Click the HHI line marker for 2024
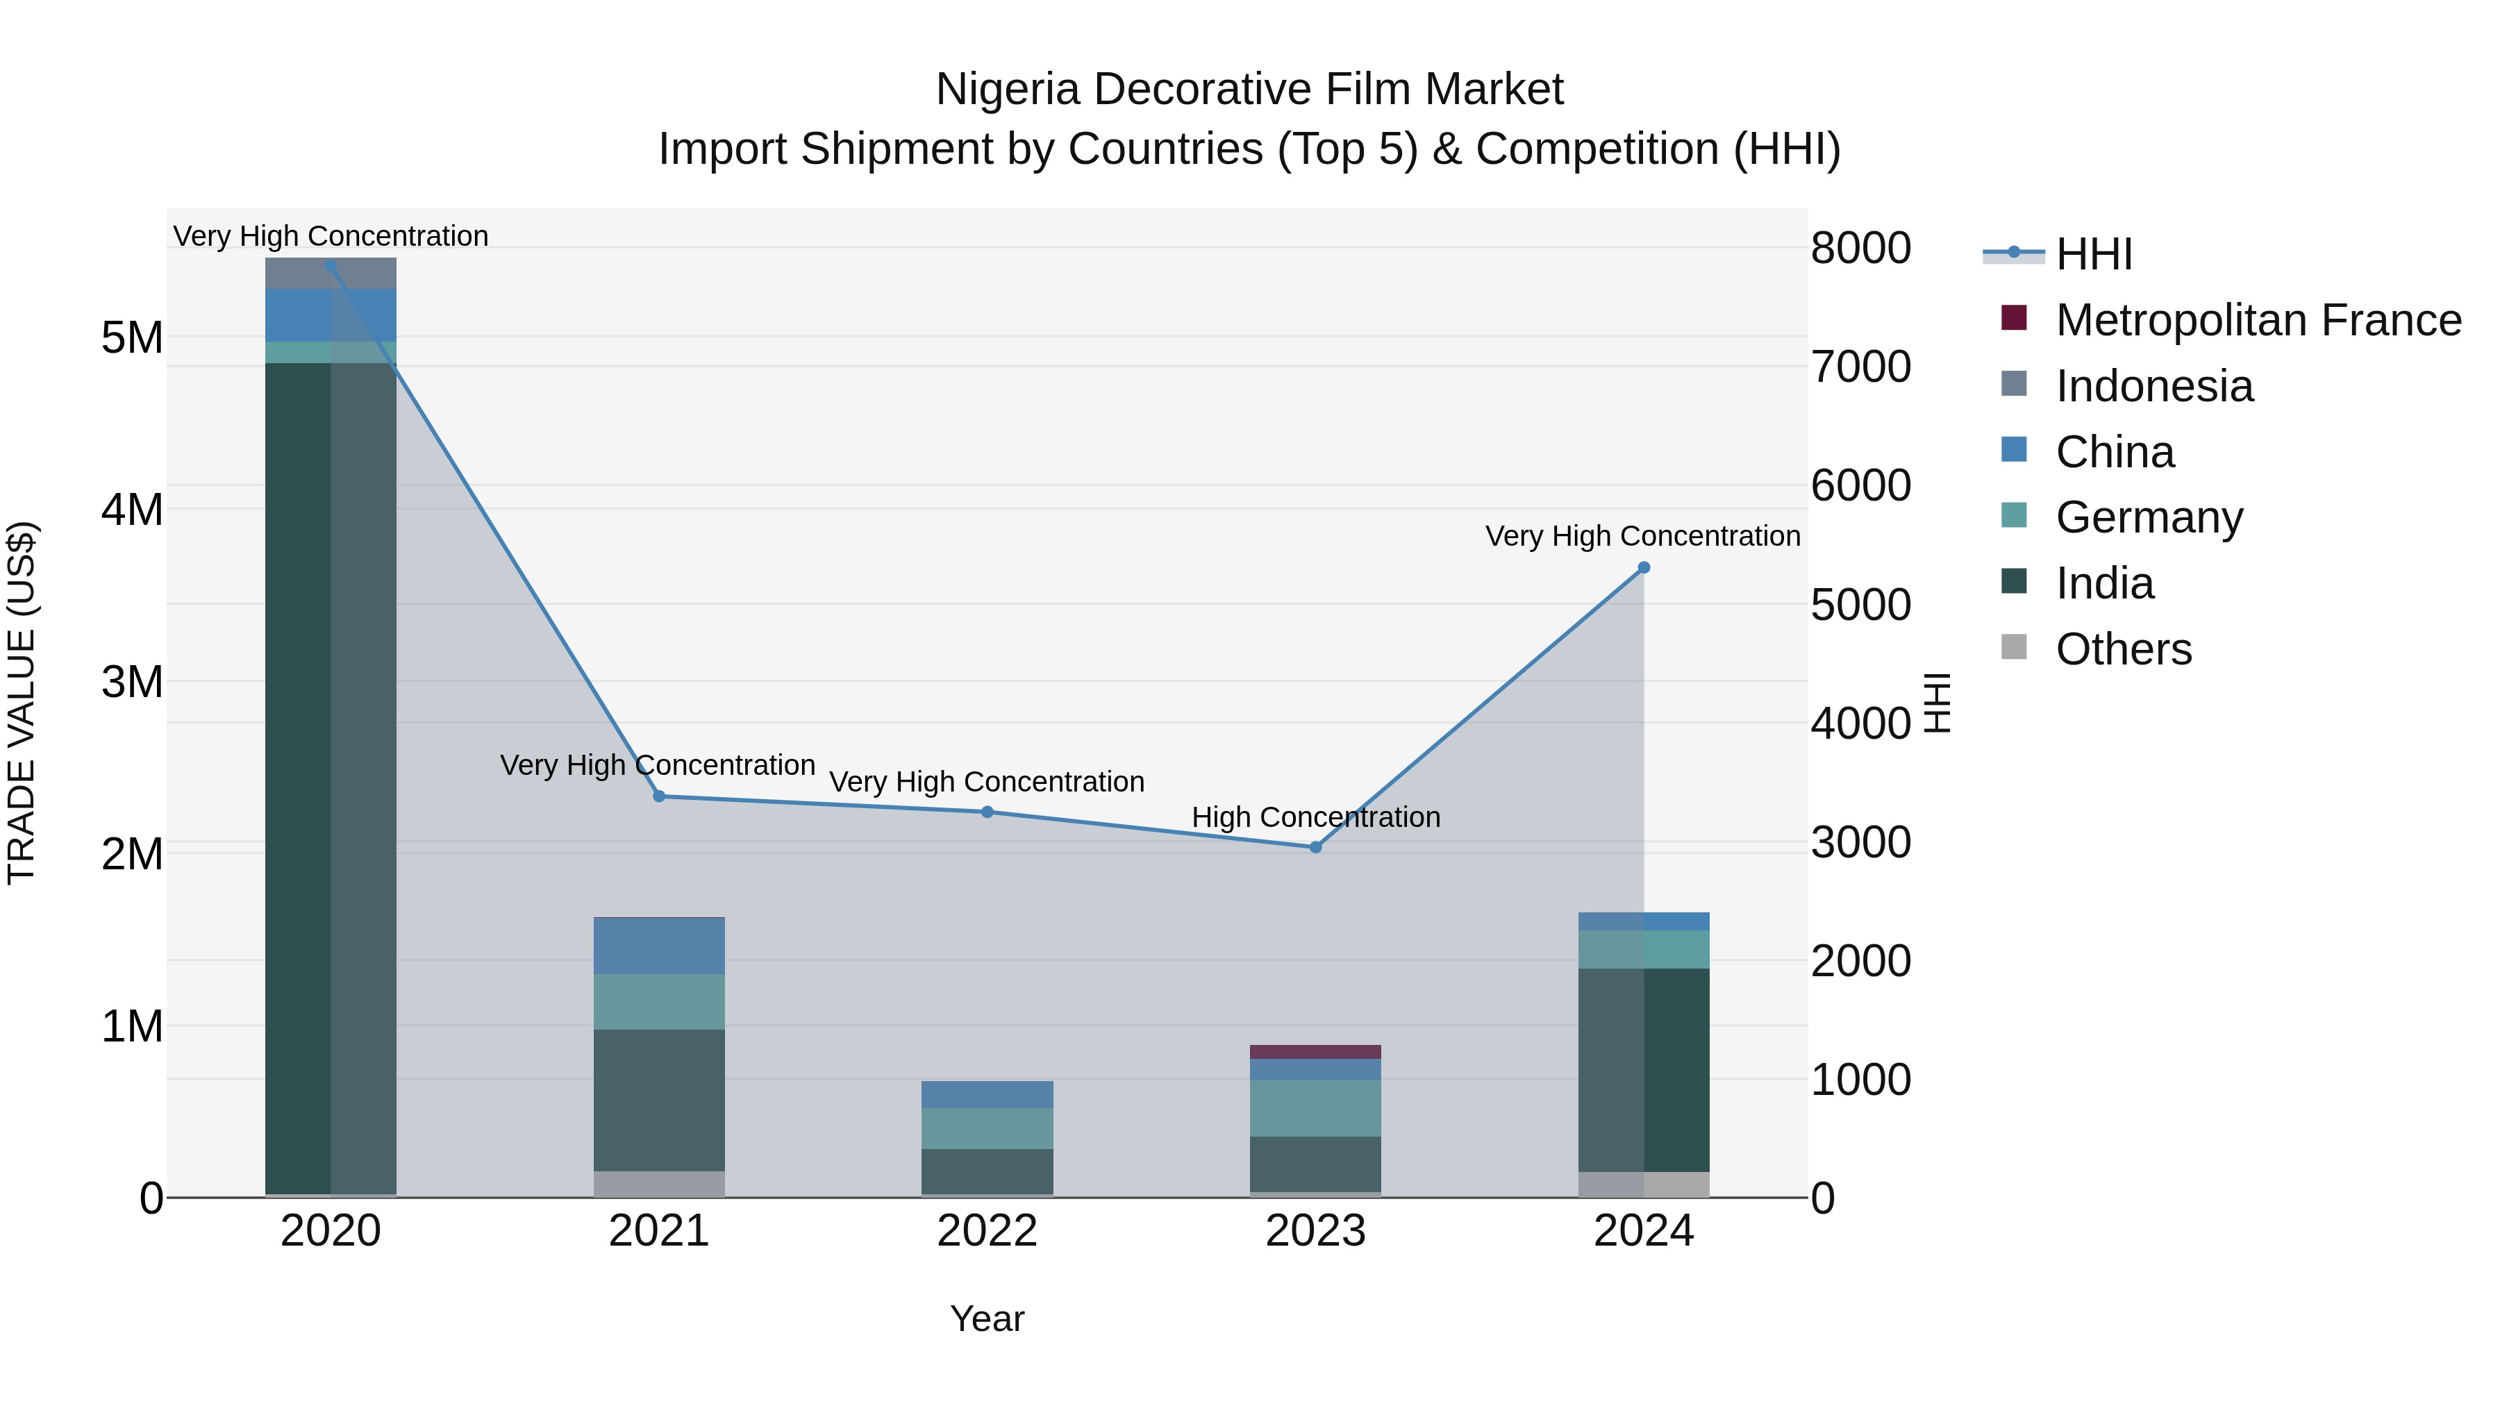(x=1643, y=568)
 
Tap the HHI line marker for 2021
(x=659, y=796)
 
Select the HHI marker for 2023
(x=1315, y=847)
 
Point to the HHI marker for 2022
(x=987, y=812)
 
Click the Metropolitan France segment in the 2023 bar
(x=1315, y=1052)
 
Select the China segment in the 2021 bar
(x=659, y=946)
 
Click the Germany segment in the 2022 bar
(x=987, y=1128)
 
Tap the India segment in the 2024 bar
(x=1643, y=1069)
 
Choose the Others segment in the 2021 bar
(x=659, y=1184)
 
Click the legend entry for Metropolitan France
(x=2258, y=320)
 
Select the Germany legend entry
(x=2149, y=517)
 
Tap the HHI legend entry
(x=2093, y=254)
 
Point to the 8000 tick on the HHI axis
(x=1860, y=249)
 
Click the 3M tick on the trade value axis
(x=132, y=682)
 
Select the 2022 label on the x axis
(x=987, y=1231)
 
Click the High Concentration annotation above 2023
(x=1315, y=817)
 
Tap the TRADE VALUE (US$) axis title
(x=22, y=703)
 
